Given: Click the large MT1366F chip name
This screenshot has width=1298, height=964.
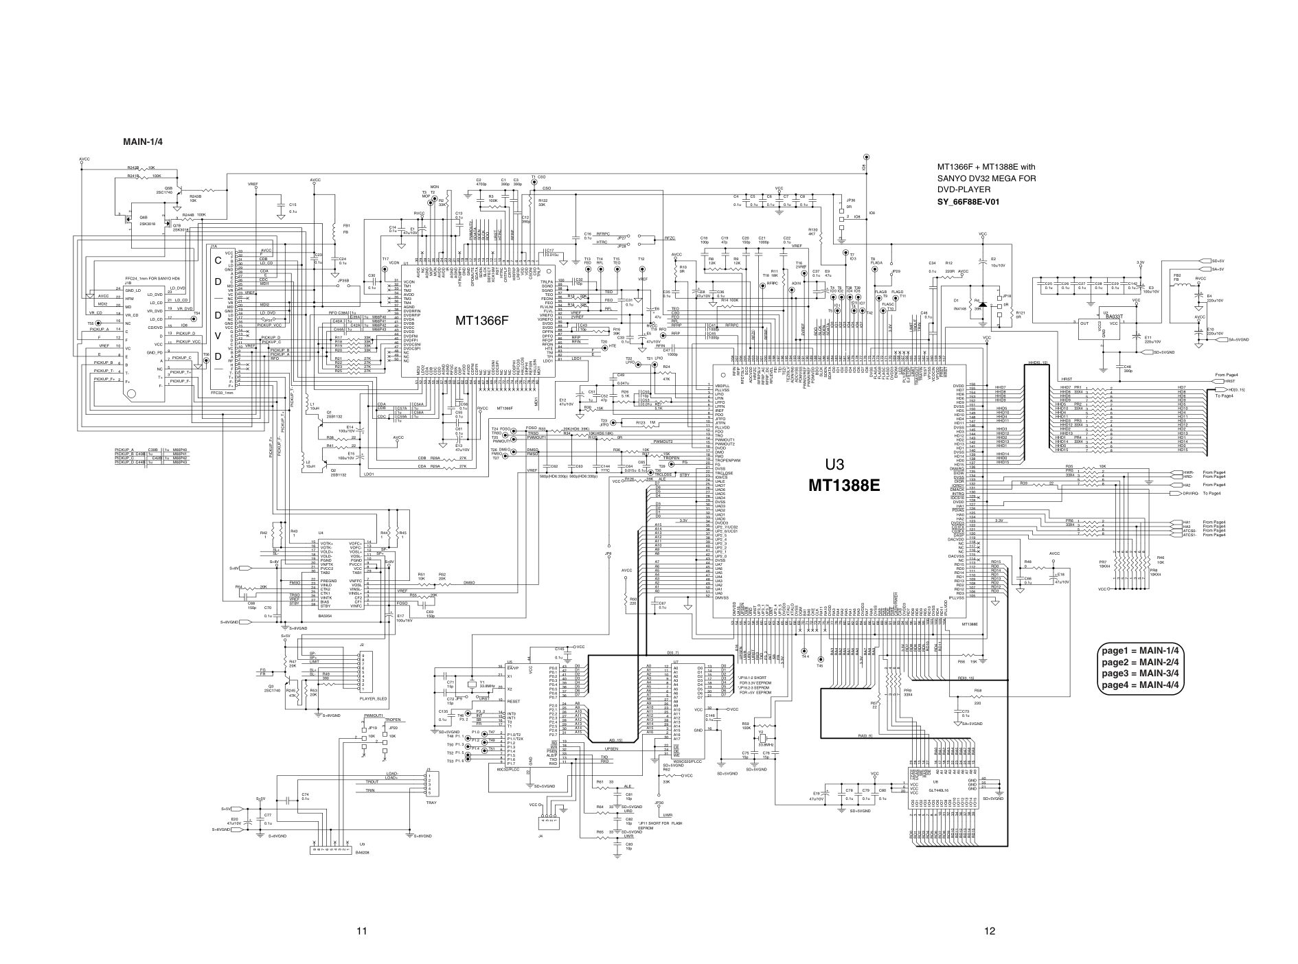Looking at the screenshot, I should [481, 320].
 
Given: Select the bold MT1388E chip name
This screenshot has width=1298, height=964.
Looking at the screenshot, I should [843, 485].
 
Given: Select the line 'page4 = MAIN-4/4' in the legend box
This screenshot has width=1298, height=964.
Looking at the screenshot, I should [1140, 685].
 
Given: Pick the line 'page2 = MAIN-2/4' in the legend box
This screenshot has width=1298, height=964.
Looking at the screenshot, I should [1140, 662].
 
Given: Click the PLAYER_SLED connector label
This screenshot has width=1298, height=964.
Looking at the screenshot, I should [373, 699].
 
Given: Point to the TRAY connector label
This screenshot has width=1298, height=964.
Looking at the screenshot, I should [431, 802].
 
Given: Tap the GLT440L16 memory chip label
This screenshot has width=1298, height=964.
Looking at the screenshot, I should [939, 791].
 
